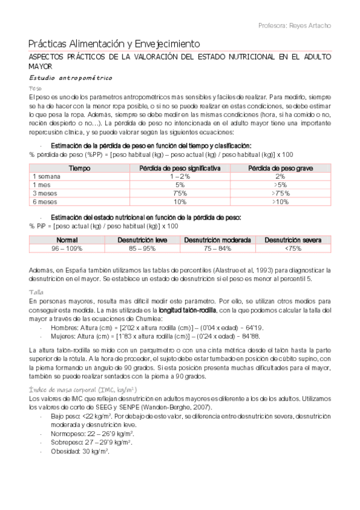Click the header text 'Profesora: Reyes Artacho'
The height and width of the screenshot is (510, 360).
click(294, 26)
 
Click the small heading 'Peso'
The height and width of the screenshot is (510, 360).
click(35, 88)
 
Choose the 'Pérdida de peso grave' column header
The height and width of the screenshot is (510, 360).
click(279, 168)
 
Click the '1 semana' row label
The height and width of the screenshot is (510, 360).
click(46, 176)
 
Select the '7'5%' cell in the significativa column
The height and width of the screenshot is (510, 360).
click(180, 194)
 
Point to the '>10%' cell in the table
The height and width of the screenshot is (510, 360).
click(280, 202)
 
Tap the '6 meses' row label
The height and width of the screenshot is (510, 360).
click(44, 202)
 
